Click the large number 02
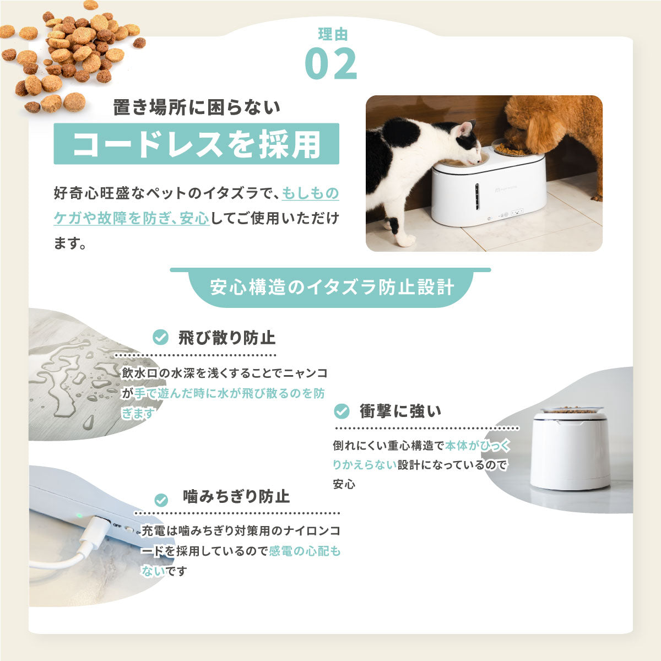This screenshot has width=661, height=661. (x=330, y=64)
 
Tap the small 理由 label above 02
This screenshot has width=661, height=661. (x=333, y=34)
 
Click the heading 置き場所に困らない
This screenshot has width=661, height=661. (x=197, y=107)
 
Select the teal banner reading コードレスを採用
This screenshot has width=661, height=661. (x=196, y=144)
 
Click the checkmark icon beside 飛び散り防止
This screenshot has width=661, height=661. (x=160, y=337)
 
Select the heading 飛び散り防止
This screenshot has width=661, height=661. (x=226, y=337)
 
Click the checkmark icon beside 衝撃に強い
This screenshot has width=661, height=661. (x=342, y=411)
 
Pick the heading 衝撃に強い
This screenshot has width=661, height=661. (x=400, y=411)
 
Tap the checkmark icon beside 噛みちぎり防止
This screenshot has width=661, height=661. (x=161, y=500)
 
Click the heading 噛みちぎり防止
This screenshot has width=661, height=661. (x=236, y=497)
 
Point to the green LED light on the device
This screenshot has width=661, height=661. (x=80, y=516)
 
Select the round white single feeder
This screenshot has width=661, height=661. (x=570, y=449)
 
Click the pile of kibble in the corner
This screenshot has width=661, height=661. (x=72, y=55)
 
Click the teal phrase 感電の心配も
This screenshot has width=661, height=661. (x=304, y=551)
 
